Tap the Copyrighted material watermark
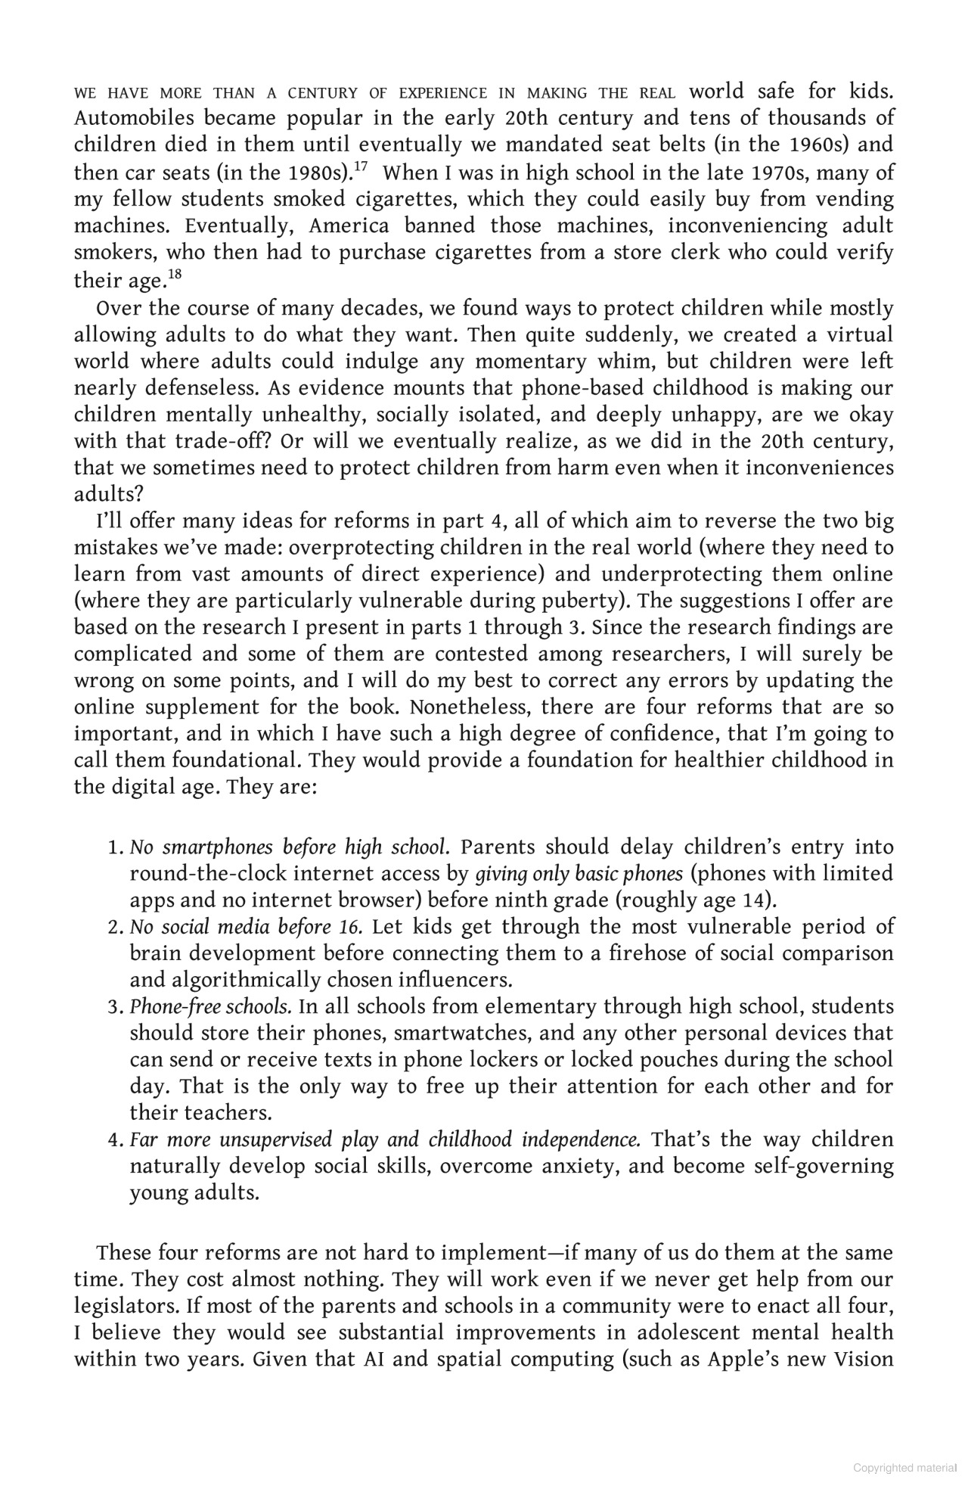[x=905, y=1469]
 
